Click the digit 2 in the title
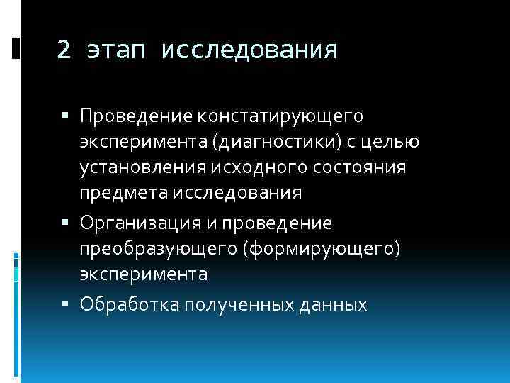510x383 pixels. click(x=64, y=51)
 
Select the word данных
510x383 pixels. click(x=334, y=305)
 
